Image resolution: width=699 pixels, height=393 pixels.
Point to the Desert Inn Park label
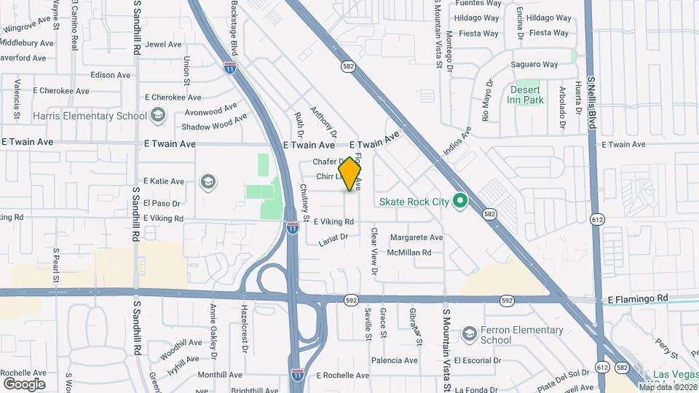(526, 95)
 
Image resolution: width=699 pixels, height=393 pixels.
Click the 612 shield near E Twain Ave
(599, 219)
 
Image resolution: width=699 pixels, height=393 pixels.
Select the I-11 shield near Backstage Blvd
(230, 67)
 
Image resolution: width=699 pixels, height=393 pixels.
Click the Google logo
(25, 384)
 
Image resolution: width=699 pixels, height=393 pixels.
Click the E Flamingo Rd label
(637, 298)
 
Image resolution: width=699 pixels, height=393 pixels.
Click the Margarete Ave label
(416, 237)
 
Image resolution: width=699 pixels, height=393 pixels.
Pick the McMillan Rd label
(409, 253)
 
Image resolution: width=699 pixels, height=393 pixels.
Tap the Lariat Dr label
(334, 236)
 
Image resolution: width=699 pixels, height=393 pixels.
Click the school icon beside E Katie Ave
(208, 181)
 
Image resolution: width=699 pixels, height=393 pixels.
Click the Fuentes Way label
(478, 3)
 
